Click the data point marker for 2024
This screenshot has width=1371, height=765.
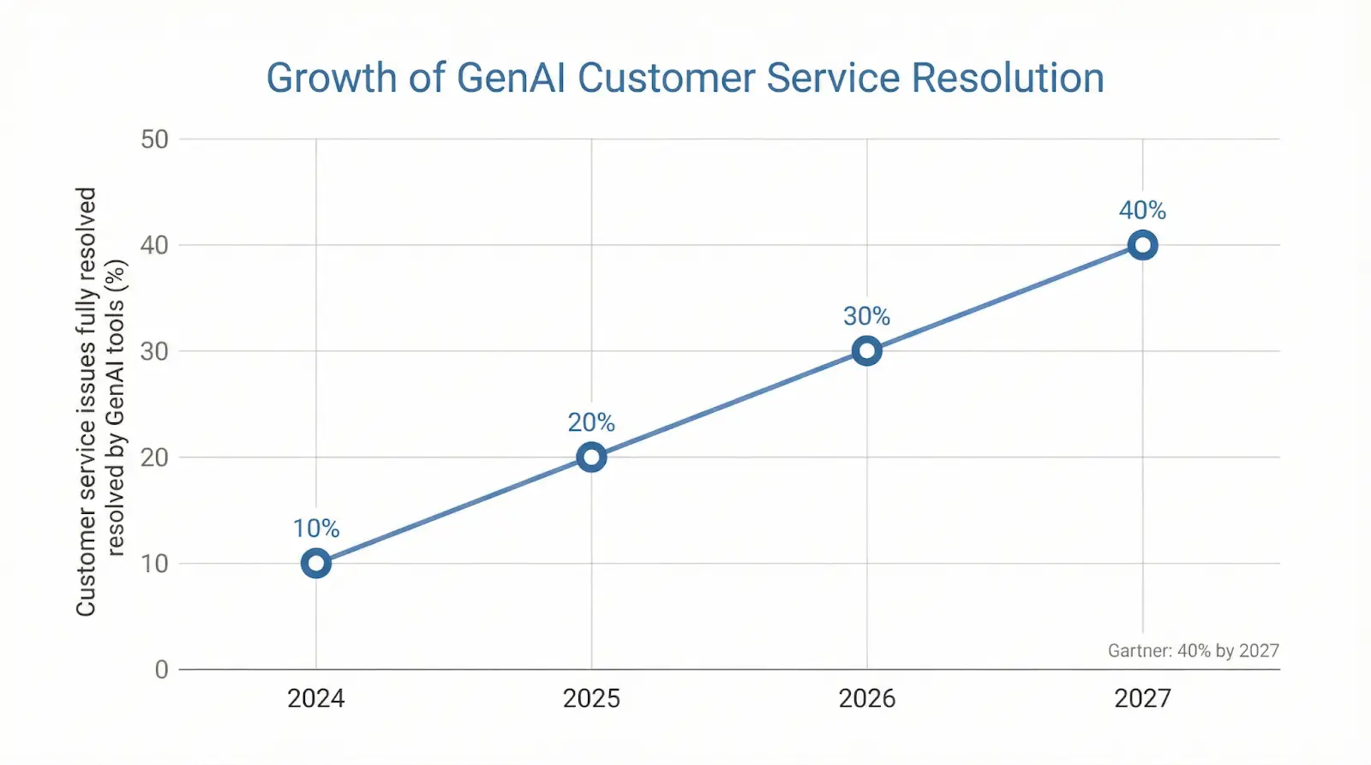(x=316, y=563)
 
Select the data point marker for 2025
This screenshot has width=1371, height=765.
(x=591, y=457)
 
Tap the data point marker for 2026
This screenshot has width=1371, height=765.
(x=867, y=350)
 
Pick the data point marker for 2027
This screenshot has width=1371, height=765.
(x=1142, y=245)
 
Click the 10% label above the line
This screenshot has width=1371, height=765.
(x=316, y=529)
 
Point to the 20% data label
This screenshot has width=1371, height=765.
(x=591, y=422)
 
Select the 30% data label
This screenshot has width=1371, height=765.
(x=867, y=316)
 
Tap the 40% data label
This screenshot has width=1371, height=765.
(x=1142, y=210)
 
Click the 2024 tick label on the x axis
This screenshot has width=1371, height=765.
(x=316, y=698)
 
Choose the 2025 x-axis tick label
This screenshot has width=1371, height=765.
(x=591, y=698)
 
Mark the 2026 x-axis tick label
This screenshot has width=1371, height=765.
(x=867, y=698)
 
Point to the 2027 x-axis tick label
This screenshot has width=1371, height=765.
(x=1142, y=698)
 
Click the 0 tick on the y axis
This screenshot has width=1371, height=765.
(x=161, y=669)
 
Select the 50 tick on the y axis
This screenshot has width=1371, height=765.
(x=155, y=139)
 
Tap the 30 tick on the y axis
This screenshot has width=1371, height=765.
(x=155, y=351)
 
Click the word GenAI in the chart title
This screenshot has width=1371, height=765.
(x=511, y=78)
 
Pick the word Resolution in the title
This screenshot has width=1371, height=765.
(x=1007, y=78)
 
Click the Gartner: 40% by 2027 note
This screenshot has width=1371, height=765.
(x=1193, y=650)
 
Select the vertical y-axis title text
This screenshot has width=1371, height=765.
(x=100, y=401)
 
